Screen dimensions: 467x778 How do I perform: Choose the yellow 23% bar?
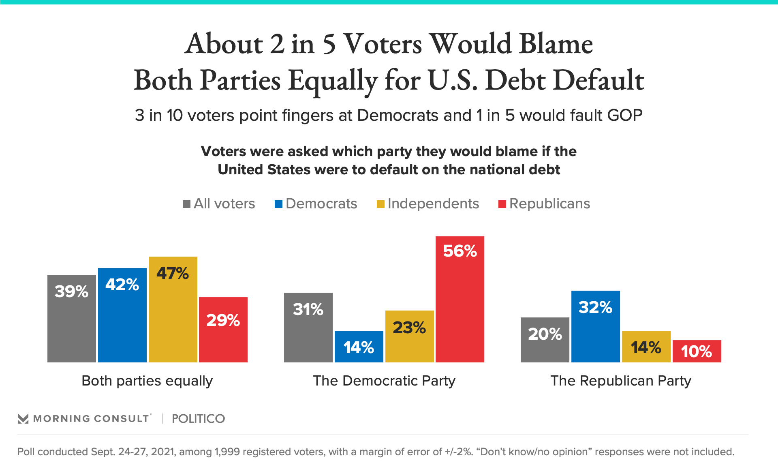(x=409, y=336)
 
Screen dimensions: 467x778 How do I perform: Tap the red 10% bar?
(x=697, y=351)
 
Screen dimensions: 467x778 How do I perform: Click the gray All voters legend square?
(x=186, y=204)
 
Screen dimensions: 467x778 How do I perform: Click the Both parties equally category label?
(x=147, y=381)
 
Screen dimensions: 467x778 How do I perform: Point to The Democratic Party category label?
(x=384, y=381)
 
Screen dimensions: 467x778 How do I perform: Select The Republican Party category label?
(x=620, y=381)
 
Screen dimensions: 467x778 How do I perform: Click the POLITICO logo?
(x=198, y=418)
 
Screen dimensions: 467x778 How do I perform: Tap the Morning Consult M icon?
(x=23, y=419)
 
